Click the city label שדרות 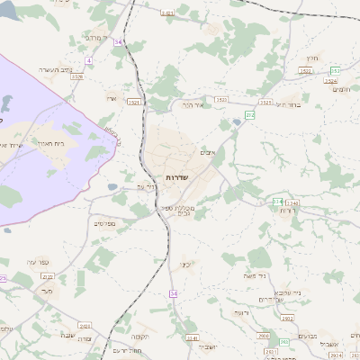[176, 178]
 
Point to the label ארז [112, 97]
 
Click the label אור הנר [193, 105]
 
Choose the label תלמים [340, 89]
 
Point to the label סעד [48, 291]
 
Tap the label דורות [287, 210]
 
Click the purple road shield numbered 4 [89, 59]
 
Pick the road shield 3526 [78, 77]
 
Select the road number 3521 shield [132, 102]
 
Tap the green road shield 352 [335, 69]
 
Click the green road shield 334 [278, 202]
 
